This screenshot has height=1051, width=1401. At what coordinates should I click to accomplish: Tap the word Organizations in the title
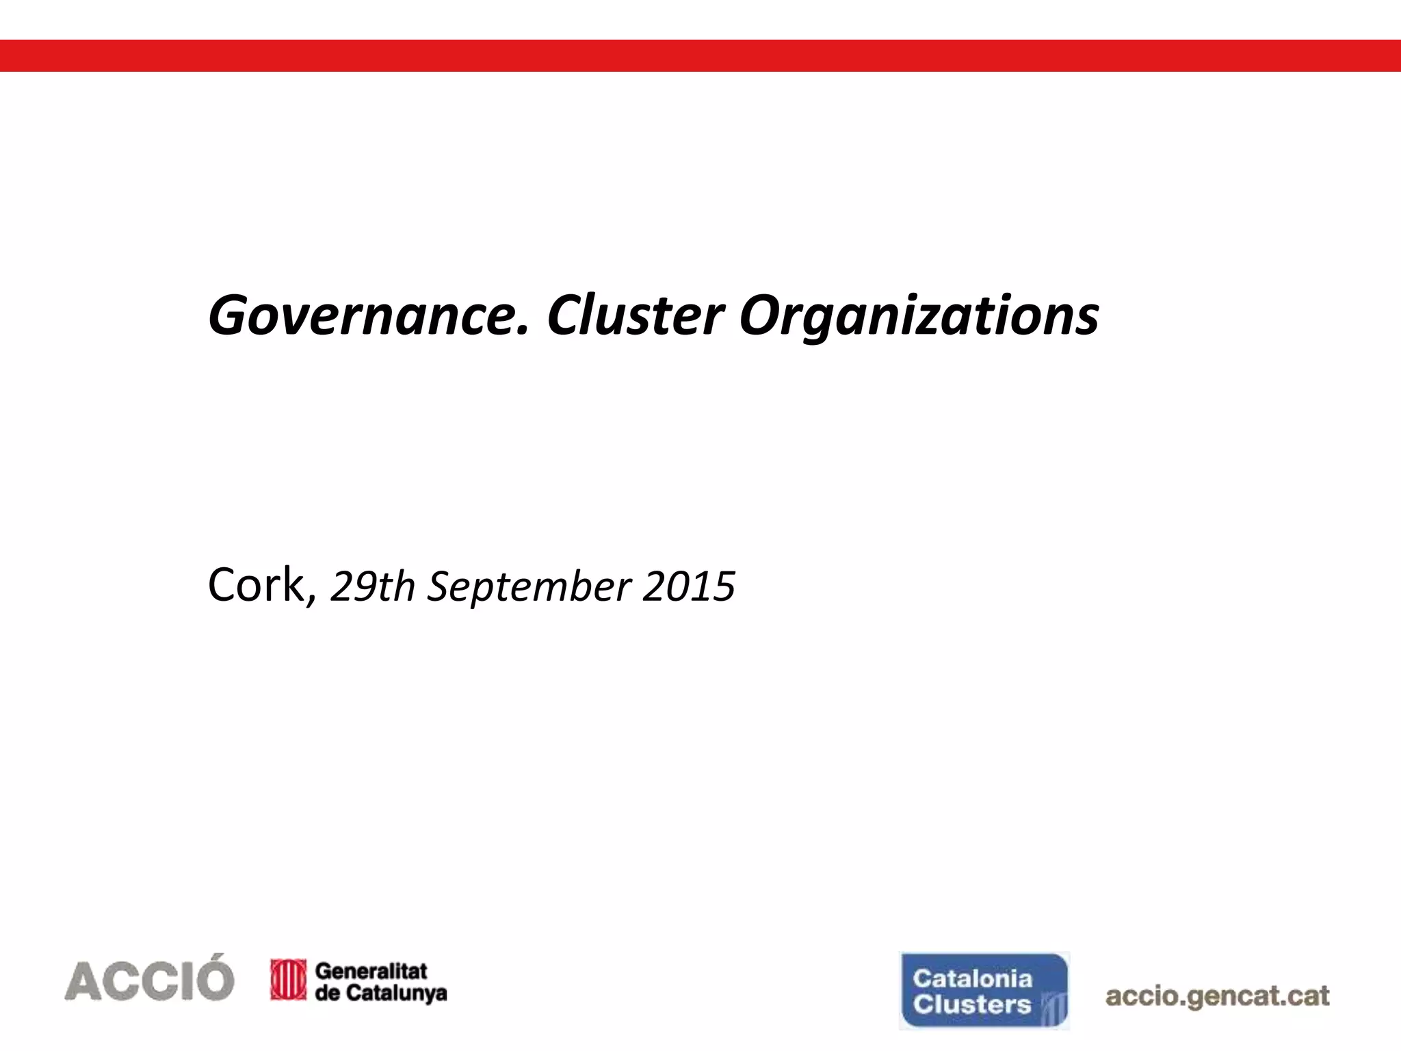(x=919, y=316)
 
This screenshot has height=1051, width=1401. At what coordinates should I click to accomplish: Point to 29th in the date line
(x=373, y=587)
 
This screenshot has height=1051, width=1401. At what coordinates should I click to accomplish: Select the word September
(x=529, y=587)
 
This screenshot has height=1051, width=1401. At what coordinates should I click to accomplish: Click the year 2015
(x=689, y=587)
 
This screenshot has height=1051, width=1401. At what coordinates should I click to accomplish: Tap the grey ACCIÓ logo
(x=149, y=978)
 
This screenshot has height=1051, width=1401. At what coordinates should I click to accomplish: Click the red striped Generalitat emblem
(x=288, y=980)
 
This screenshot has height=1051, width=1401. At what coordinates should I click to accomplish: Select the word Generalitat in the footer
(x=371, y=970)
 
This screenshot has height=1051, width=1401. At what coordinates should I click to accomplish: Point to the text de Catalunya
(x=380, y=993)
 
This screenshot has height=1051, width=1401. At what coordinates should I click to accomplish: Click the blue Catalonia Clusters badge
(x=984, y=990)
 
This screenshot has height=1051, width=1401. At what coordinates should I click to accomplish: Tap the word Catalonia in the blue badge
(x=972, y=978)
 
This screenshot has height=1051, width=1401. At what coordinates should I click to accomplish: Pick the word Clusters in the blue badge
(x=971, y=1004)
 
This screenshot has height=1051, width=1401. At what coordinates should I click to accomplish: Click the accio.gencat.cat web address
(x=1217, y=996)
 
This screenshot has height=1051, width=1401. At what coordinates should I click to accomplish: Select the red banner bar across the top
(x=700, y=55)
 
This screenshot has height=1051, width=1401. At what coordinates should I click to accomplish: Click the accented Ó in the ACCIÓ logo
(x=210, y=977)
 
